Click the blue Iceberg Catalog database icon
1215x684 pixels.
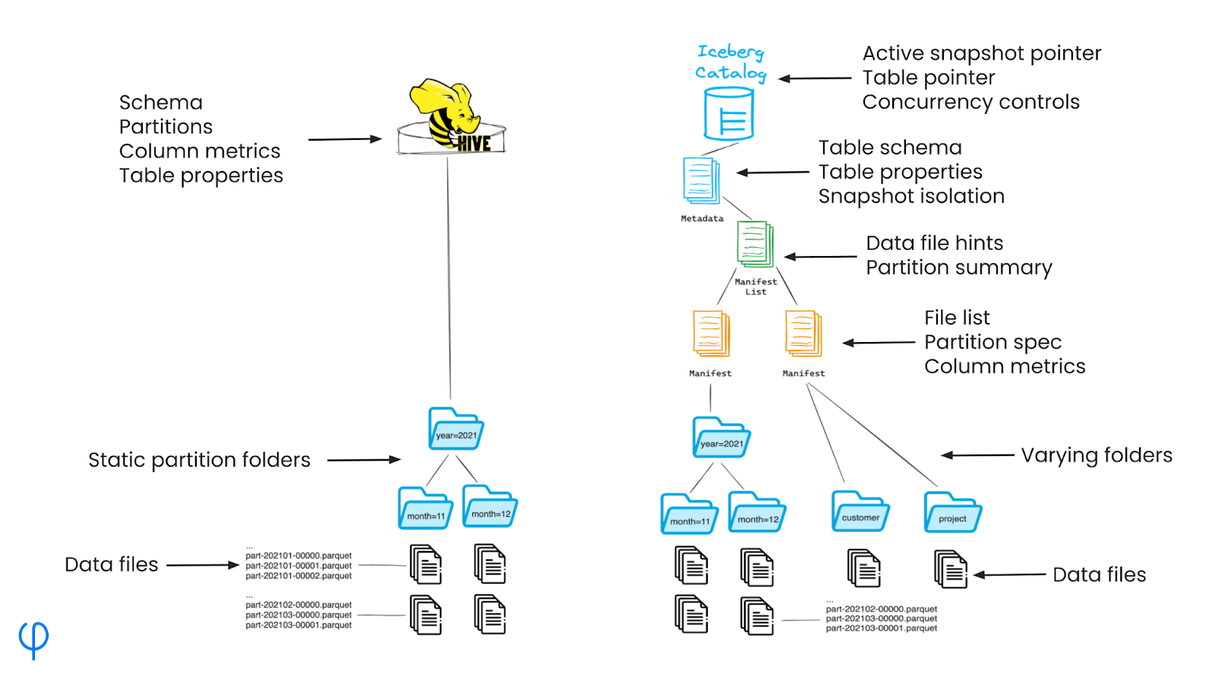(x=728, y=114)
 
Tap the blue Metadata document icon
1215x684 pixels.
(x=701, y=181)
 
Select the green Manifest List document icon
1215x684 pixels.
(x=755, y=244)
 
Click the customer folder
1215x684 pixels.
(x=860, y=511)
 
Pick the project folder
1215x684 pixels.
(x=952, y=513)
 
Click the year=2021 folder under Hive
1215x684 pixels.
(x=456, y=429)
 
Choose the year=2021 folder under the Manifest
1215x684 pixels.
(x=721, y=438)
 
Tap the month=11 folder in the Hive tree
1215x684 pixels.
(x=425, y=509)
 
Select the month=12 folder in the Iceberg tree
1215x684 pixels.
(x=757, y=513)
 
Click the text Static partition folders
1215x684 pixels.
(x=199, y=460)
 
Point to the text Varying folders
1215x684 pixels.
(x=1096, y=455)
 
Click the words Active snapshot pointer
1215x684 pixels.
(x=981, y=53)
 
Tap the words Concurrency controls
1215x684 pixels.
(x=970, y=102)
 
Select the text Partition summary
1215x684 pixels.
(x=958, y=268)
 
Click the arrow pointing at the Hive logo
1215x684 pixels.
(x=345, y=139)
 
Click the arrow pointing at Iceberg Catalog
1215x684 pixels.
(x=815, y=78)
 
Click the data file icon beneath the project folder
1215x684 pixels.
(x=951, y=569)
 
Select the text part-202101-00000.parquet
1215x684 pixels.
(x=298, y=556)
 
